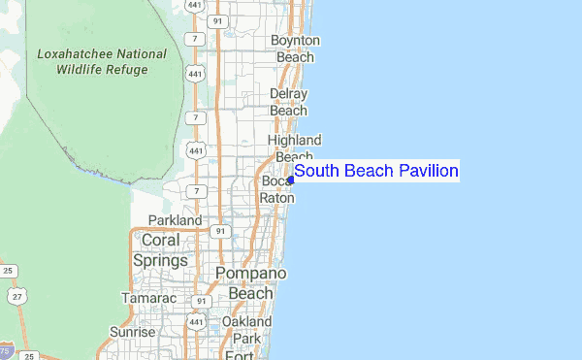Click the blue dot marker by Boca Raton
[x=291, y=179]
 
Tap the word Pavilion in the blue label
[x=423, y=172]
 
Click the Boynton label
[x=295, y=41]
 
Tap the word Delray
[x=289, y=94]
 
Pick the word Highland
[x=294, y=141]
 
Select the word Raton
[x=276, y=197]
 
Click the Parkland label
[x=175, y=221]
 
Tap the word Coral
[x=161, y=240]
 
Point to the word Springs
[x=163, y=260]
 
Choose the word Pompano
[x=251, y=274]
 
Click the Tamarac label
[x=148, y=298]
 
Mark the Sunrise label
[x=132, y=332]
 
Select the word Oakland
[x=246, y=321]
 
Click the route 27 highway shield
[x=14, y=294]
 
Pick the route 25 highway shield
[x=8, y=271]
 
